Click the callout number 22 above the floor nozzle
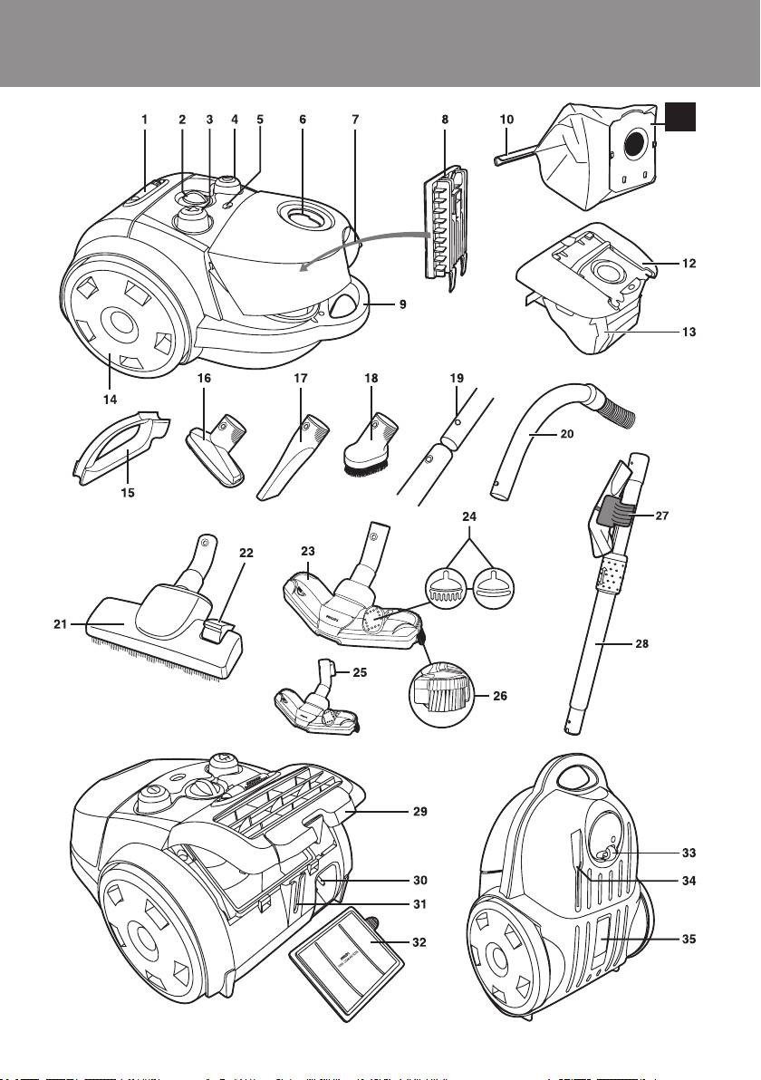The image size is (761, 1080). [246, 552]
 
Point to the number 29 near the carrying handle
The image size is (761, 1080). [418, 811]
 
